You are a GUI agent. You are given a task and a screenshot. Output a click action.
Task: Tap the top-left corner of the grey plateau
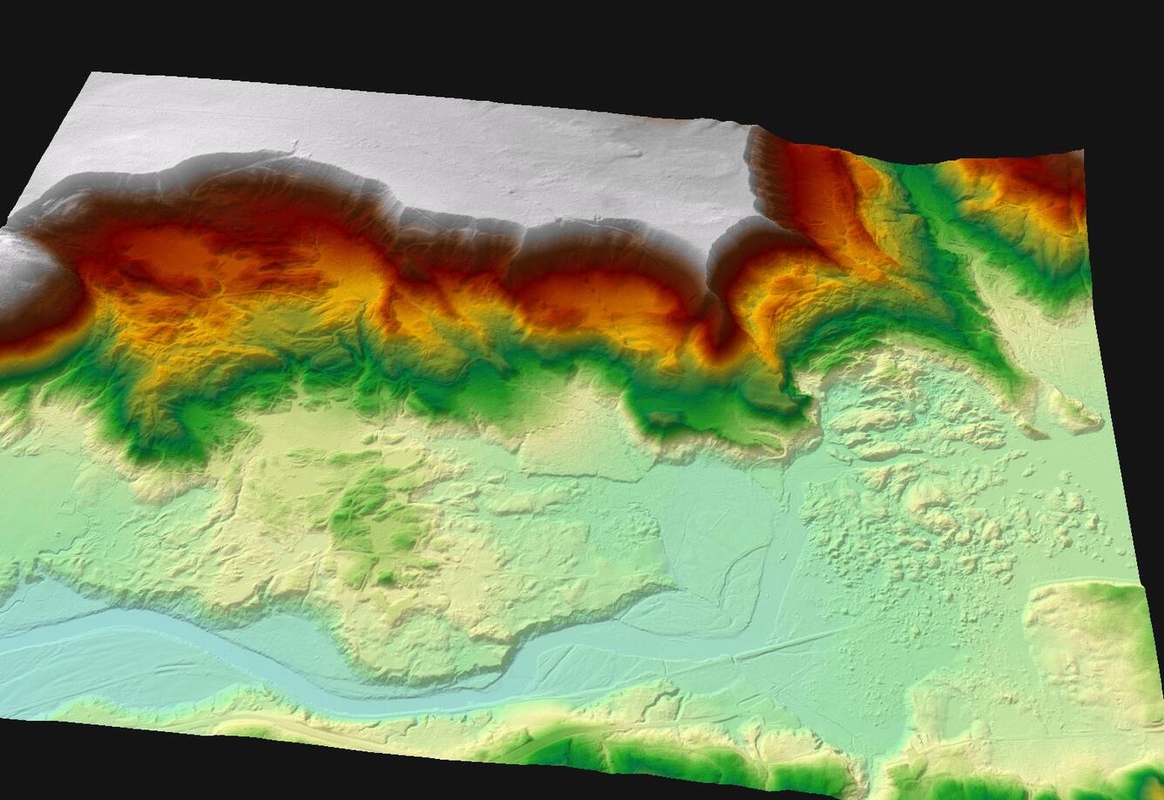click(x=94, y=77)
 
